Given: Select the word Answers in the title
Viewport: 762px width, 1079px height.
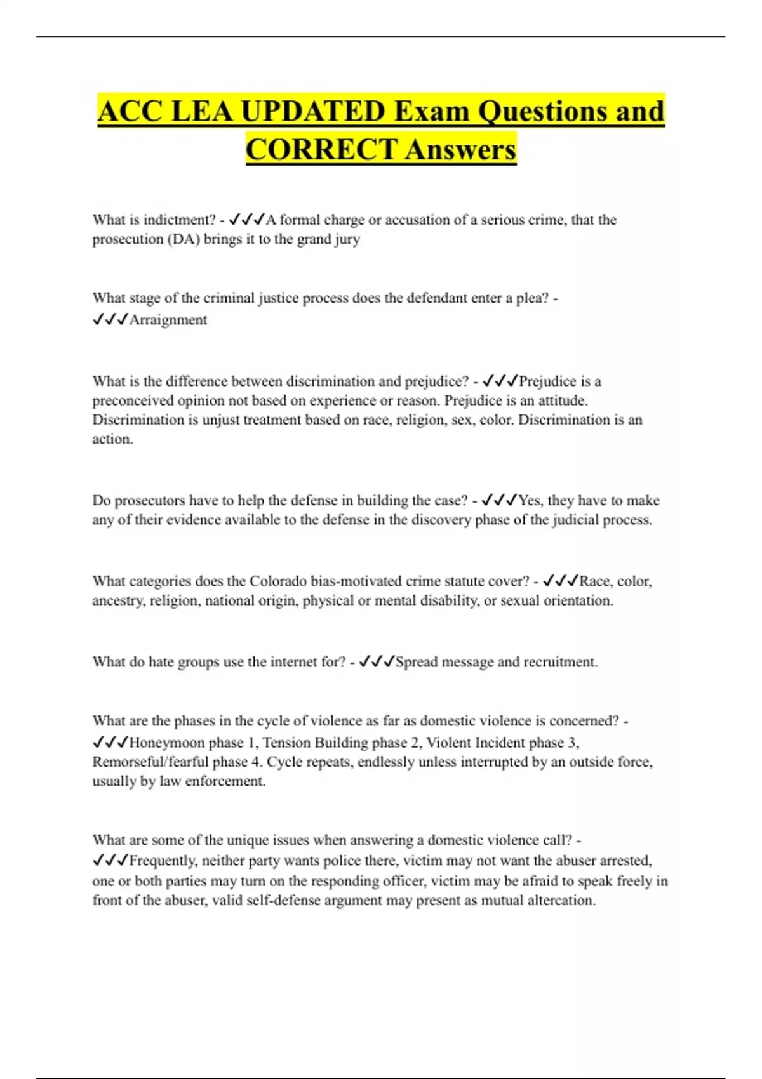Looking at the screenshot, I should (x=460, y=150).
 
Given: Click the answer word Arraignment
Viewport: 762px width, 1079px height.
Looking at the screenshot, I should (x=168, y=320).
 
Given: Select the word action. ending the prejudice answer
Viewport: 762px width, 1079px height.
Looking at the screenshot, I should (x=112, y=439).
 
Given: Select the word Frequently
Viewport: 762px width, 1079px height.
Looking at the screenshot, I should (x=164, y=861).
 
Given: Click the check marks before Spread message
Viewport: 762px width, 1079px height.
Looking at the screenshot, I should (x=377, y=662).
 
